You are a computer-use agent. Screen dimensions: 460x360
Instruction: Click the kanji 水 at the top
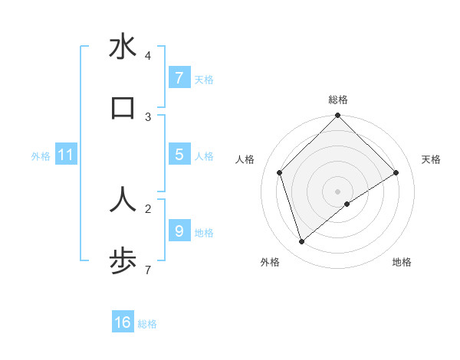pos(123,47)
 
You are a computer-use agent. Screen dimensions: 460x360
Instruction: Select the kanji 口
pos(123,108)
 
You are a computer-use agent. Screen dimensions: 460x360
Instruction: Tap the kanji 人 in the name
pos(123,199)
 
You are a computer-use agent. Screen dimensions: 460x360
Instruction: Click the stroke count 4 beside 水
pos(148,56)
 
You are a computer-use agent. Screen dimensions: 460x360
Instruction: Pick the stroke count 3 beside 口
pos(148,116)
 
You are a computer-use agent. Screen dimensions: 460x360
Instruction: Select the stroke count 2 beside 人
pos(148,208)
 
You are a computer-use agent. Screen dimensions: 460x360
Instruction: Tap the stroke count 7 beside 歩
pos(148,270)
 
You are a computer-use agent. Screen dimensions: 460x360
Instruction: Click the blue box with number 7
pos(179,78)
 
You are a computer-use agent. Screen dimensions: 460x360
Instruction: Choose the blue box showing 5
pos(179,155)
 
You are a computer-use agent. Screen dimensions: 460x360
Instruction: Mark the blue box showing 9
pos(179,231)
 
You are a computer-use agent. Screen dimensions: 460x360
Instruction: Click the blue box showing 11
pos(66,155)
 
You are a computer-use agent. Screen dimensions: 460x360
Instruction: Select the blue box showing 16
pos(123,322)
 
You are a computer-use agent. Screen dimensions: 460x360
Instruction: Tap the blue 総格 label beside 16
pos(147,324)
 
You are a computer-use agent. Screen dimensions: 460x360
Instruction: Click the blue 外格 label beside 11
pos(41,156)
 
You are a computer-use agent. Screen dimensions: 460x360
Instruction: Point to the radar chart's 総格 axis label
pos(338,100)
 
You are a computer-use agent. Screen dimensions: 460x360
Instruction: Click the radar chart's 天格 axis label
pos(432,159)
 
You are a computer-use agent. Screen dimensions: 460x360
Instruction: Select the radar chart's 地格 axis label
pos(402,262)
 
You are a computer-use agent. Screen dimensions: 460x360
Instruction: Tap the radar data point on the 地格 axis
pos(347,204)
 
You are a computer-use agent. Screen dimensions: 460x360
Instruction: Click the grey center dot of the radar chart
pos(338,191)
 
